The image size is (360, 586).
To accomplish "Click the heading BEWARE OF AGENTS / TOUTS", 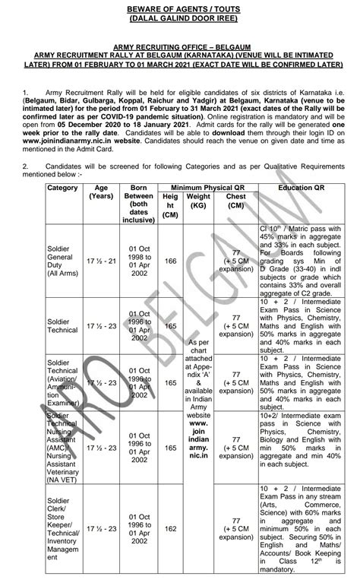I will [x=179, y=8].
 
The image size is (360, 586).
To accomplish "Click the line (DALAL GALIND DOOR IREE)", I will [x=179, y=17].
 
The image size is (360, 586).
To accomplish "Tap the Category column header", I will [x=62, y=187].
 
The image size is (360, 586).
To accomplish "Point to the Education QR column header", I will [x=303, y=186].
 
